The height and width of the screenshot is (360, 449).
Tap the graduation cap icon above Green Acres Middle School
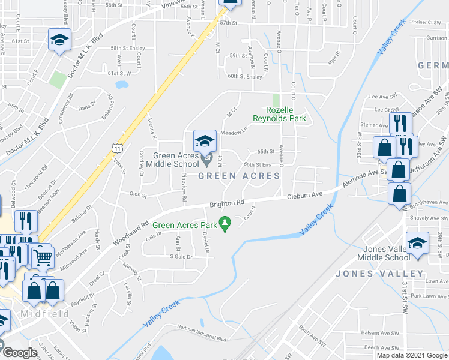pyautogui.click(x=205, y=142)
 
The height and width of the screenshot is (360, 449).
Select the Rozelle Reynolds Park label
pyautogui.click(x=287, y=114)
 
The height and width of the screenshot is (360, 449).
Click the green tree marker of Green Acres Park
pyautogui.click(x=226, y=224)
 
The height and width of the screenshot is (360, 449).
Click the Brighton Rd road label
pyautogui.click(x=227, y=204)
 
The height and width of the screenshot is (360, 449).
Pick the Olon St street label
pyautogui.click(x=138, y=194)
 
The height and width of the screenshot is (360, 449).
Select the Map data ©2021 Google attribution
pyautogui.click(x=411, y=355)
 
